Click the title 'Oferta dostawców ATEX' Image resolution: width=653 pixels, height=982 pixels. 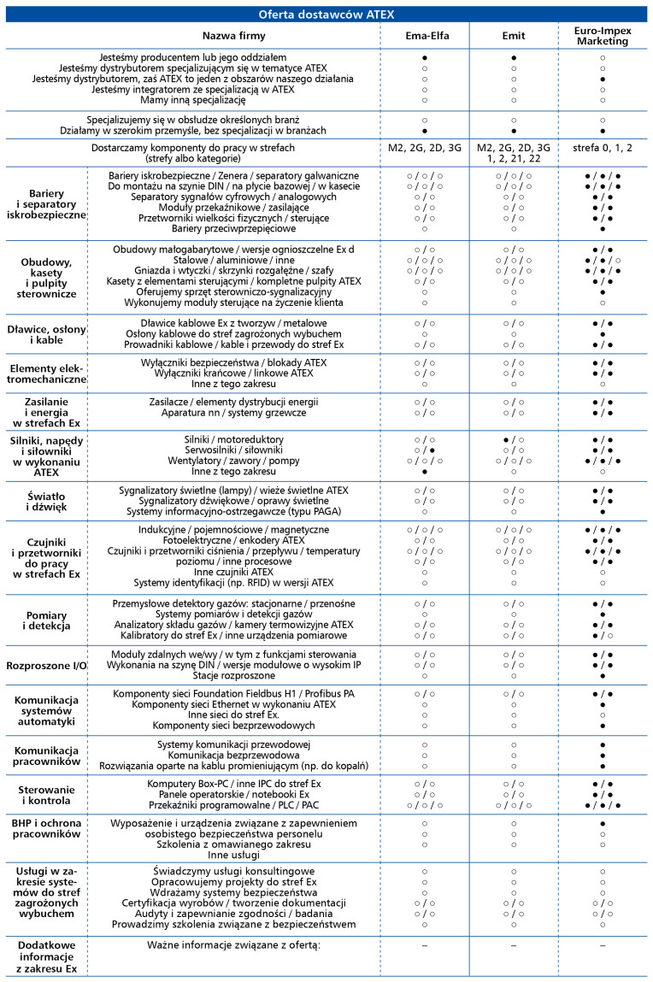coord(326,14)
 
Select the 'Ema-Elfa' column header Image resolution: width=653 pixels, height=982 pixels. coord(425,35)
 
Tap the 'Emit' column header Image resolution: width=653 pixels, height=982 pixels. coord(513,35)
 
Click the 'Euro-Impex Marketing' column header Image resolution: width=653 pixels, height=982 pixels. coord(603,35)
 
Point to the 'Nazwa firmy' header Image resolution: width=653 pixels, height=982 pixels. coord(233,35)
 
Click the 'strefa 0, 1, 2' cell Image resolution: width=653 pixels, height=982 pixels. coord(603,148)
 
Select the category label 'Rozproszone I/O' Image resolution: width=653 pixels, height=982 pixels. coord(44,664)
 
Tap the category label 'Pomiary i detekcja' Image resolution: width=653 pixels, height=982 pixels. coord(44,620)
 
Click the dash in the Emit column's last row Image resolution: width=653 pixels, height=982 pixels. coord(513,945)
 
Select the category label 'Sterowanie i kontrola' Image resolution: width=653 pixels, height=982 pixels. coord(44,793)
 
